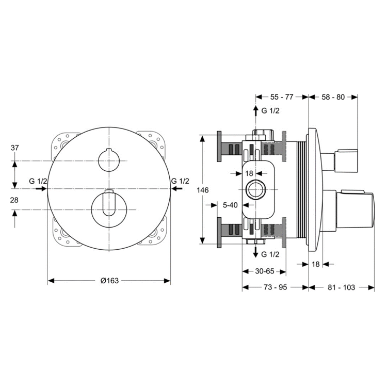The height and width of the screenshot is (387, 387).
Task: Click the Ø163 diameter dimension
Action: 109,281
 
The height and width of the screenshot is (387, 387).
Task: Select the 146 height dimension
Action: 203,190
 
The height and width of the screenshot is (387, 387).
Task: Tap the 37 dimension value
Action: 15,148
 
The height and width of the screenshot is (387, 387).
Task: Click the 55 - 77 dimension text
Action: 282,96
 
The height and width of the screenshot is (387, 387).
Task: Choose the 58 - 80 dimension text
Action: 333,96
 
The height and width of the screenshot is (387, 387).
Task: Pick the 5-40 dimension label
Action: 230,205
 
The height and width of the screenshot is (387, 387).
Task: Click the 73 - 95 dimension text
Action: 275,287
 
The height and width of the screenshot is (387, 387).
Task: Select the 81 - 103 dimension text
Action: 342,287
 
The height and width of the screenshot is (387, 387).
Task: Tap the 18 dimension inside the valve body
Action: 250,174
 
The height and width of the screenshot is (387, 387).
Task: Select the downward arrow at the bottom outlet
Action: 255,252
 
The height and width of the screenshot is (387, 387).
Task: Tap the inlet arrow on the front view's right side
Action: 177,189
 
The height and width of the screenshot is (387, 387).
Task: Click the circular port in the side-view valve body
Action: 255,190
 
